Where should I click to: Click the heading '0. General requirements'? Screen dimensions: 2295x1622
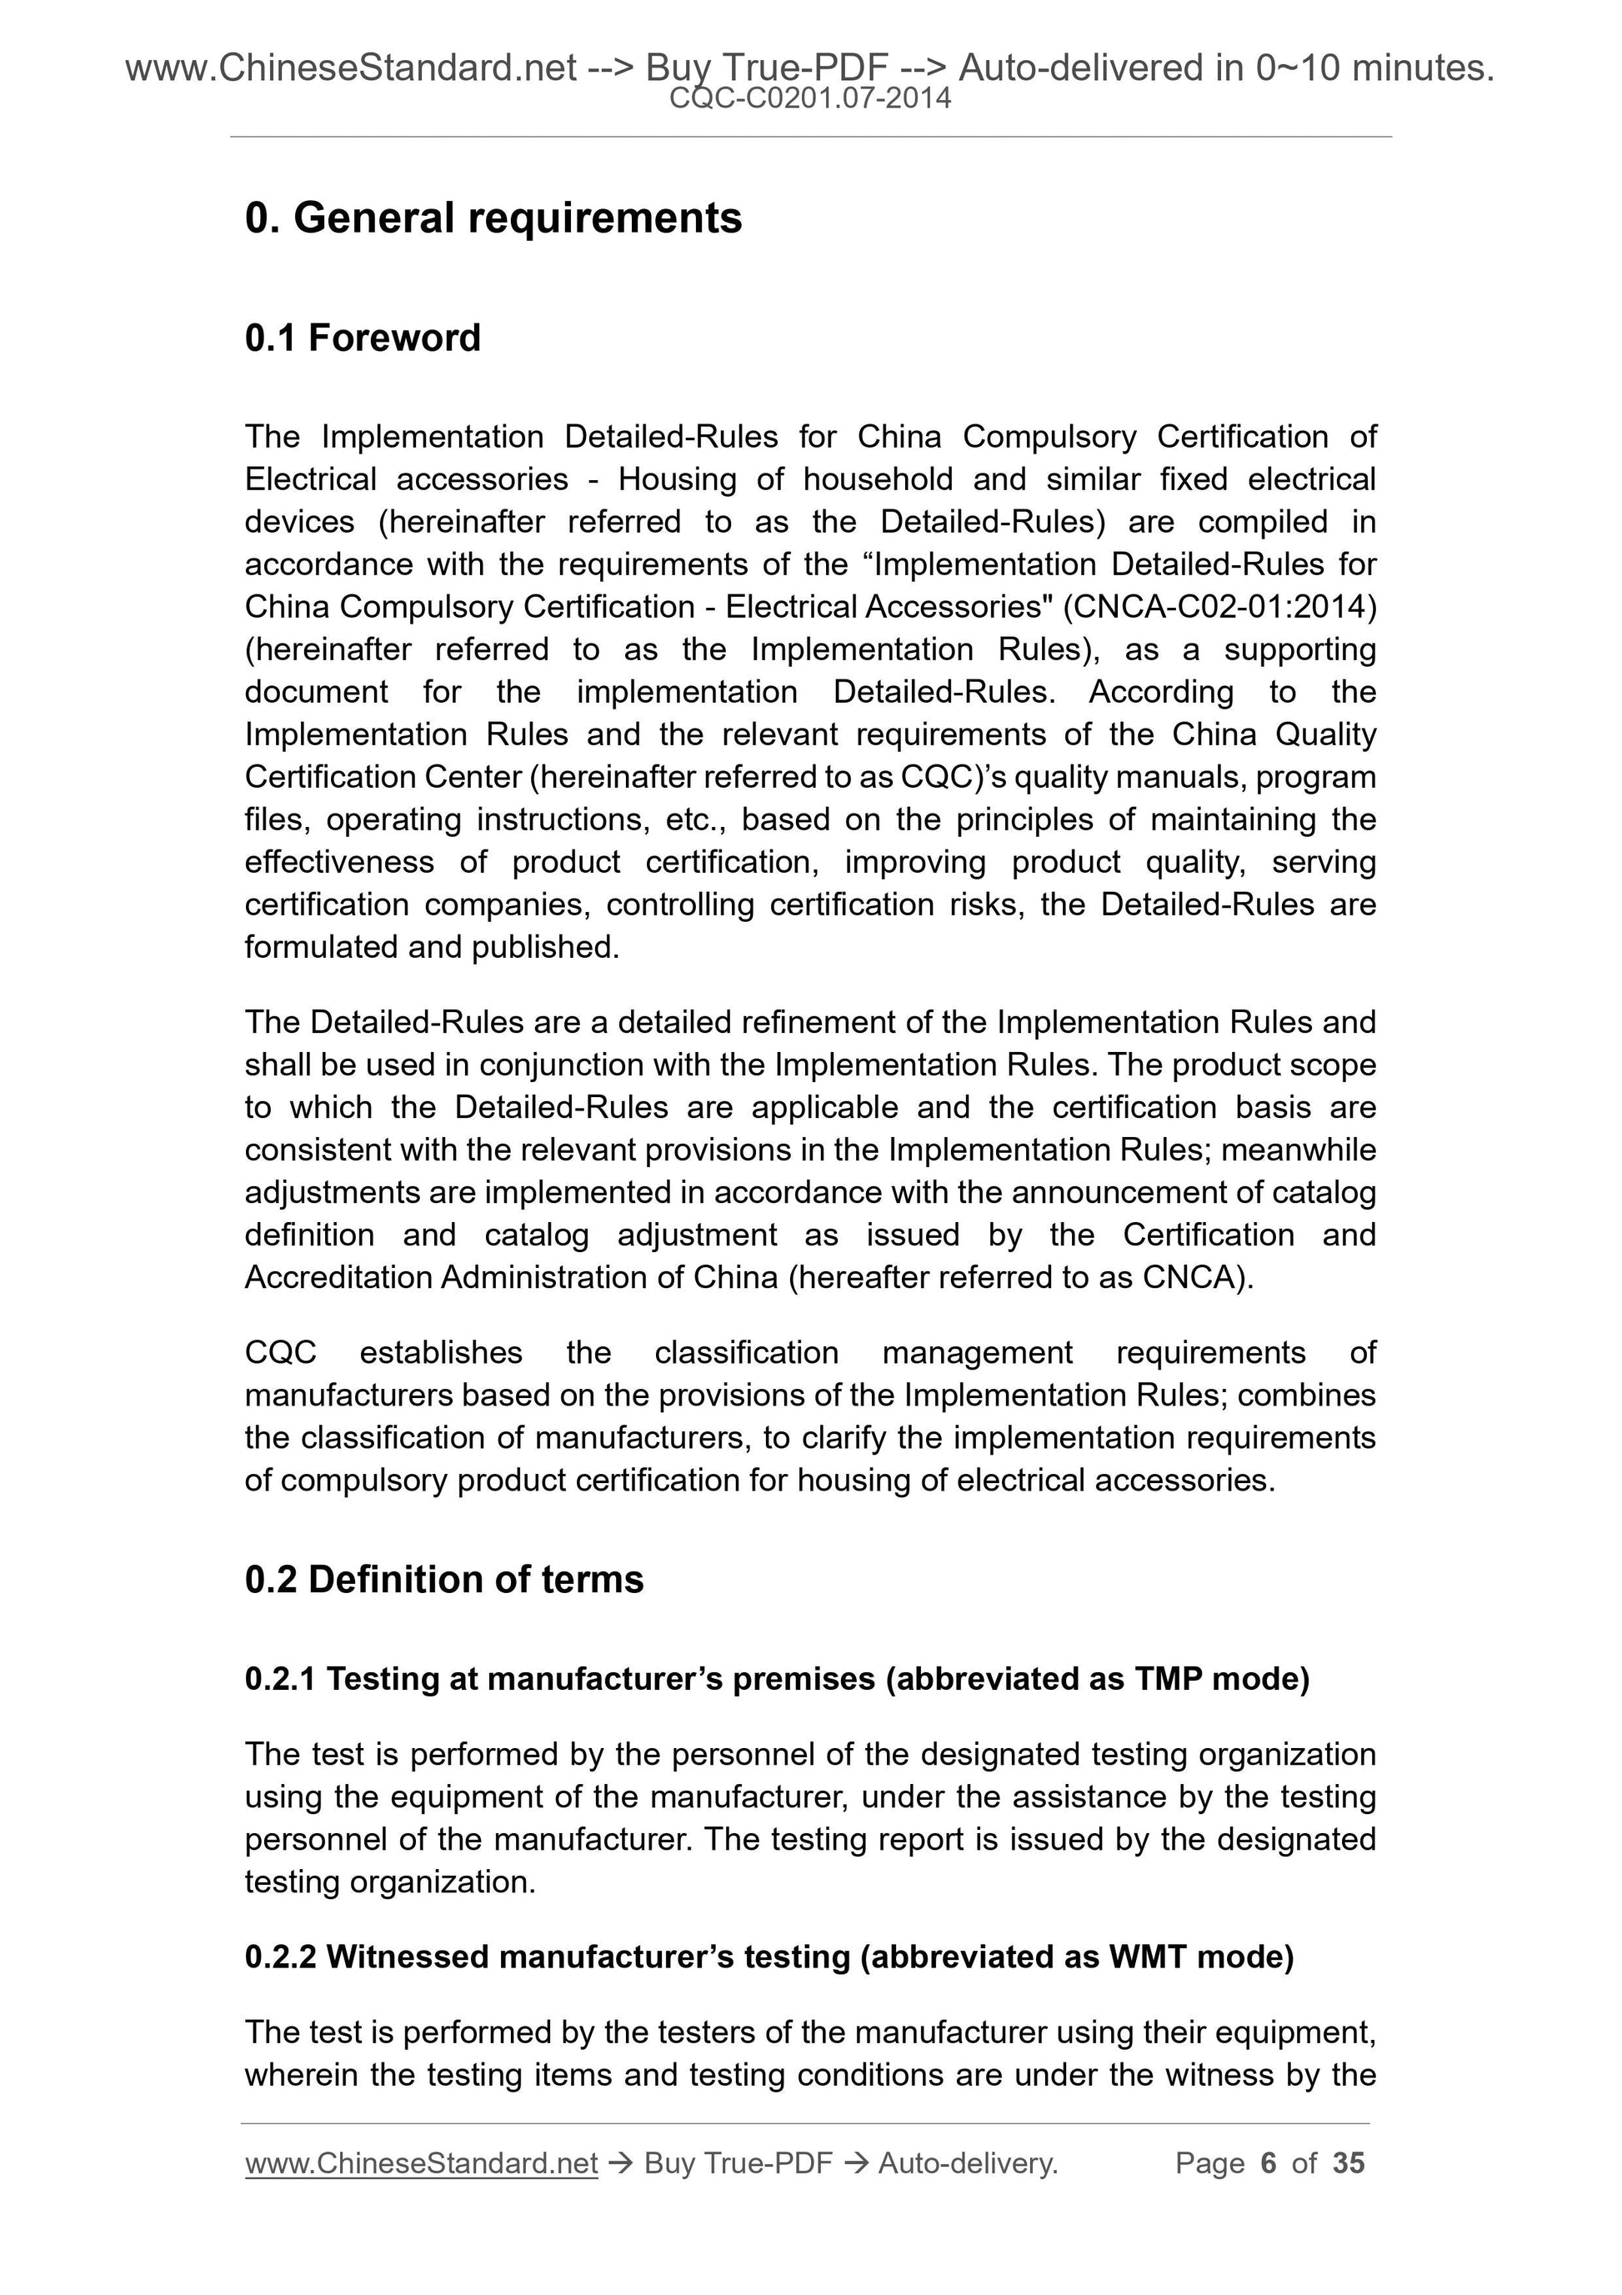click(x=493, y=218)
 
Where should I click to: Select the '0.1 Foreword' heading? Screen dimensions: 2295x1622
click(x=362, y=338)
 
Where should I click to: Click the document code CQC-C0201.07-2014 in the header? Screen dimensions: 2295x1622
click(x=809, y=99)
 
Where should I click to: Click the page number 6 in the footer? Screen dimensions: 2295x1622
click(x=1269, y=2163)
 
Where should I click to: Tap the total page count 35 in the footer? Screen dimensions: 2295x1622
click(x=1348, y=2163)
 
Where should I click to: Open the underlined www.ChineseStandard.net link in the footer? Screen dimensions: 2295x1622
click(x=421, y=2163)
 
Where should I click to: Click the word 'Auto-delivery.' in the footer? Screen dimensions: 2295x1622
click(x=968, y=2163)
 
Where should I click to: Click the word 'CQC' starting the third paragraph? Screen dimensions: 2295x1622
click(x=280, y=1352)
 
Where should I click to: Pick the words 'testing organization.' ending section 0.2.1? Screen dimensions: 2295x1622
click(x=390, y=1882)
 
